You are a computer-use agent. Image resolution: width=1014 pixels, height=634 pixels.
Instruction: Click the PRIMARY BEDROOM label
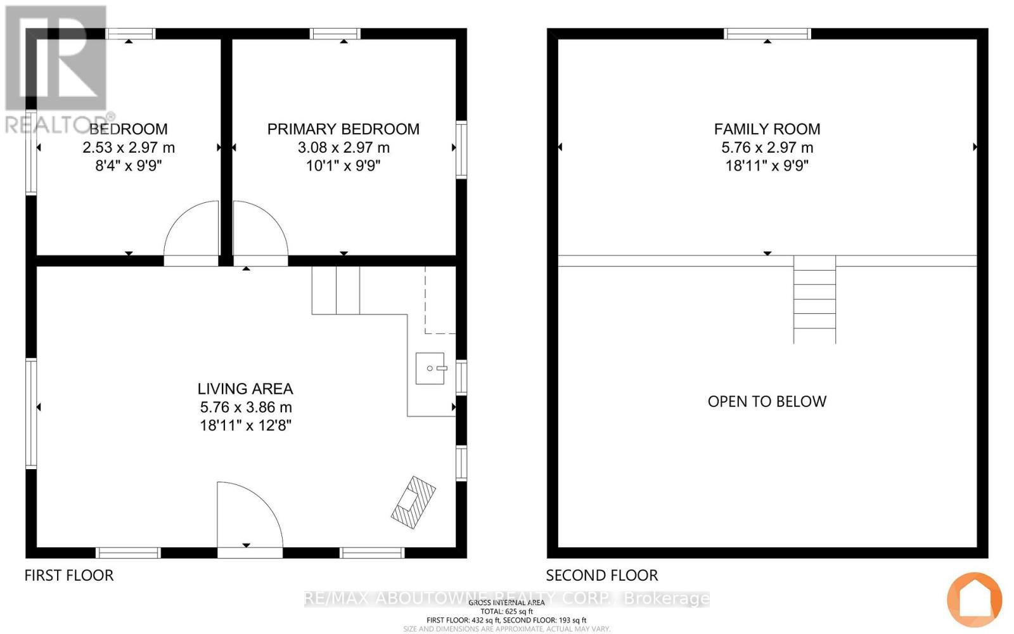[343, 129]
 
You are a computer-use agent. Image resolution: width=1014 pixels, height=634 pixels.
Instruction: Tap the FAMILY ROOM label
[767, 129]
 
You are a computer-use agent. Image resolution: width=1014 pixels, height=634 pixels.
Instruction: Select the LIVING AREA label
[245, 389]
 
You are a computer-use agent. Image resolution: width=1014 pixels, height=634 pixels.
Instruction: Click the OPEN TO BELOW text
[767, 401]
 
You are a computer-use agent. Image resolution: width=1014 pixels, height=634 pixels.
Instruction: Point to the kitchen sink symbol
[430, 368]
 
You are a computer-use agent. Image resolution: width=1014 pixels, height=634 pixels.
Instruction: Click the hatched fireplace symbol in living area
[413, 502]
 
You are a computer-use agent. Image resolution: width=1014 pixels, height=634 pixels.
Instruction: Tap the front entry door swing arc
[249, 514]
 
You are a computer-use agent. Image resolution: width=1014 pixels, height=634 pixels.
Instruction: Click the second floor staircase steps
[814, 299]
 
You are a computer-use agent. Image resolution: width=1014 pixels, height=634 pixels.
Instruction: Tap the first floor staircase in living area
[336, 290]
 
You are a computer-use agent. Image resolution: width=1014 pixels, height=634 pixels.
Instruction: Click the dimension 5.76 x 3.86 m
[245, 407]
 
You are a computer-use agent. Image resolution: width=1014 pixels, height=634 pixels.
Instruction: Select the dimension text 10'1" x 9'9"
[343, 165]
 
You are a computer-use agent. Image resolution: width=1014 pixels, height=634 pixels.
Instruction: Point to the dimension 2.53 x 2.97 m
[129, 148]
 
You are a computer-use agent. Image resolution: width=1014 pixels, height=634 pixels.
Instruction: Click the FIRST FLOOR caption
[69, 575]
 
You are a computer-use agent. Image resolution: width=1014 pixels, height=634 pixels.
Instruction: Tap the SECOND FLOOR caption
[602, 575]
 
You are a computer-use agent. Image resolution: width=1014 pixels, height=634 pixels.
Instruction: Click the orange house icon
[974, 600]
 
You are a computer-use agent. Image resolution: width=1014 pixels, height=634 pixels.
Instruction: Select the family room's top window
[767, 34]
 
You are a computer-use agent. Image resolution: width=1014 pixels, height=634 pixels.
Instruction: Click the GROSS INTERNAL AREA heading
[506, 602]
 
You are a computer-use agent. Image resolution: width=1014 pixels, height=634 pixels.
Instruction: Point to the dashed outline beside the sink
[440, 301]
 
